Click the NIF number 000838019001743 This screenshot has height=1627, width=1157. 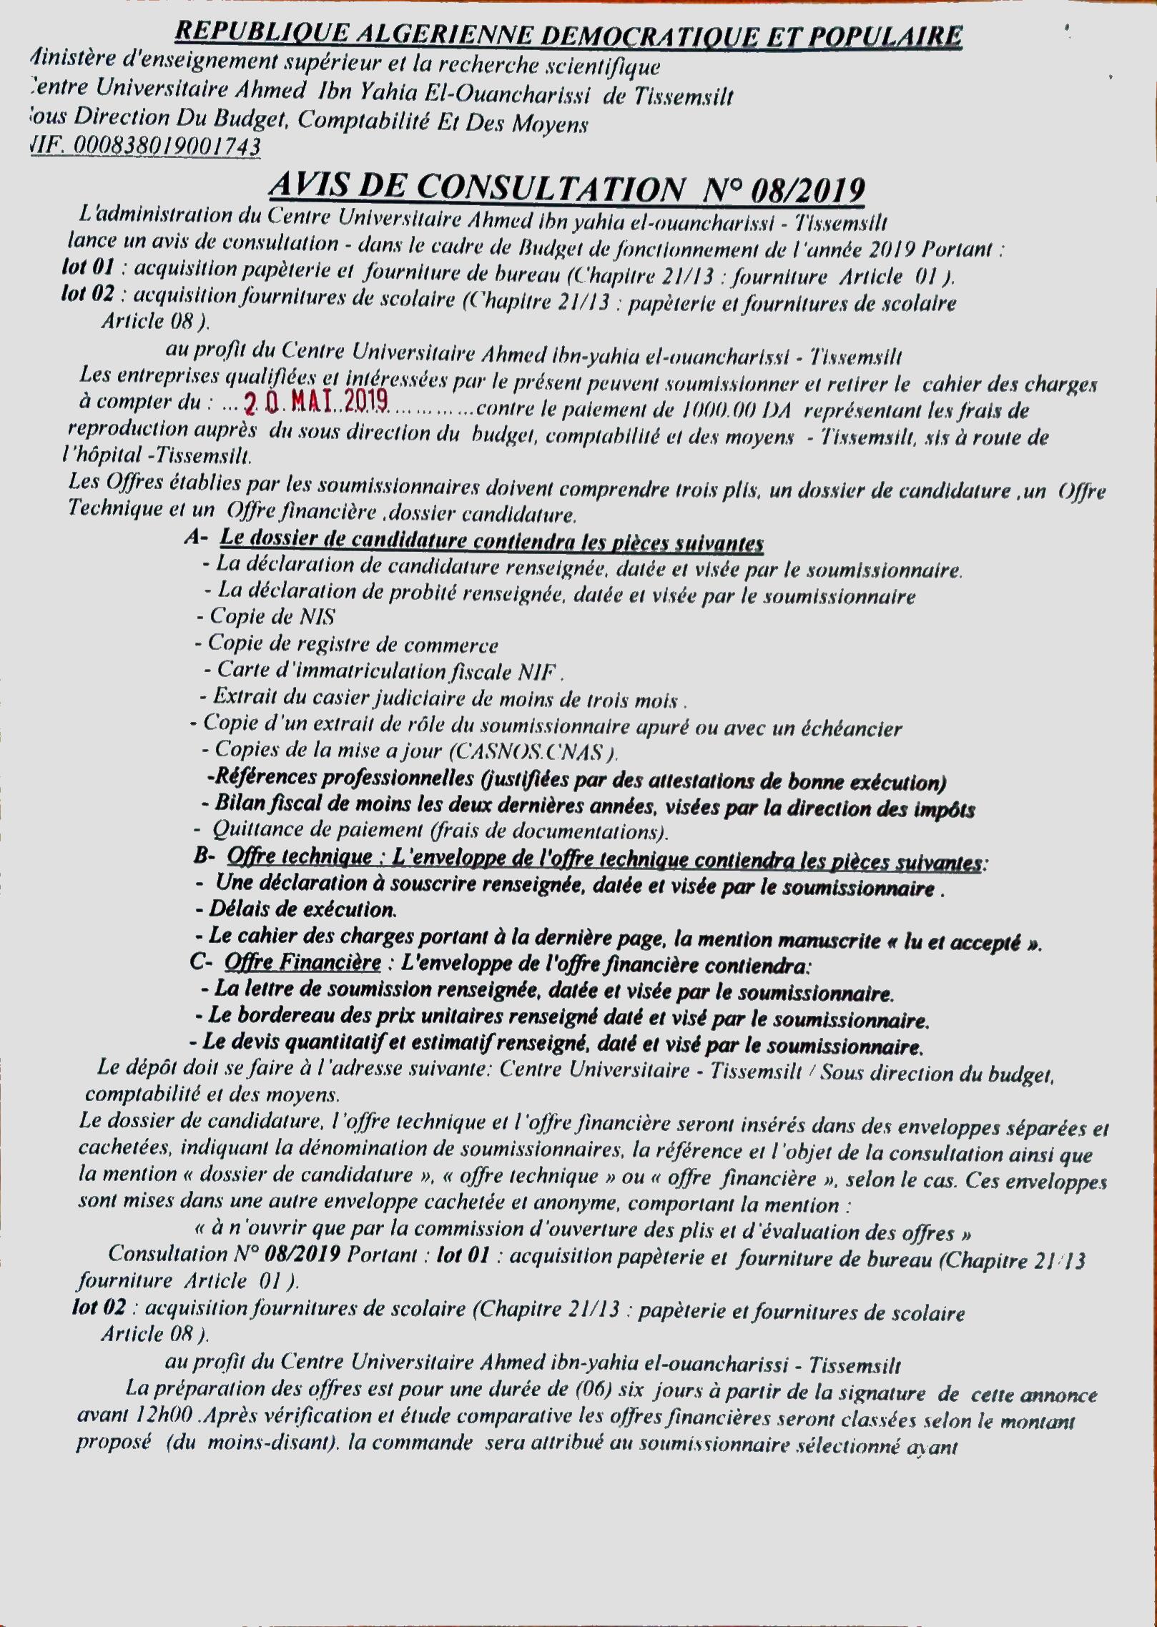146,147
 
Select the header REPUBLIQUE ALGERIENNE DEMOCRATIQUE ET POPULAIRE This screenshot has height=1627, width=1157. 568,36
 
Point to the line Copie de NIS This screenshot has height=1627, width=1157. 265,617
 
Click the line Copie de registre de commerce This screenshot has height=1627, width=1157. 346,644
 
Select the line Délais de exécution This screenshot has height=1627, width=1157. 296,909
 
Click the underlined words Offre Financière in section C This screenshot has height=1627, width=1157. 302,963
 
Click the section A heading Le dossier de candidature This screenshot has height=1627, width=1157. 492,542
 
